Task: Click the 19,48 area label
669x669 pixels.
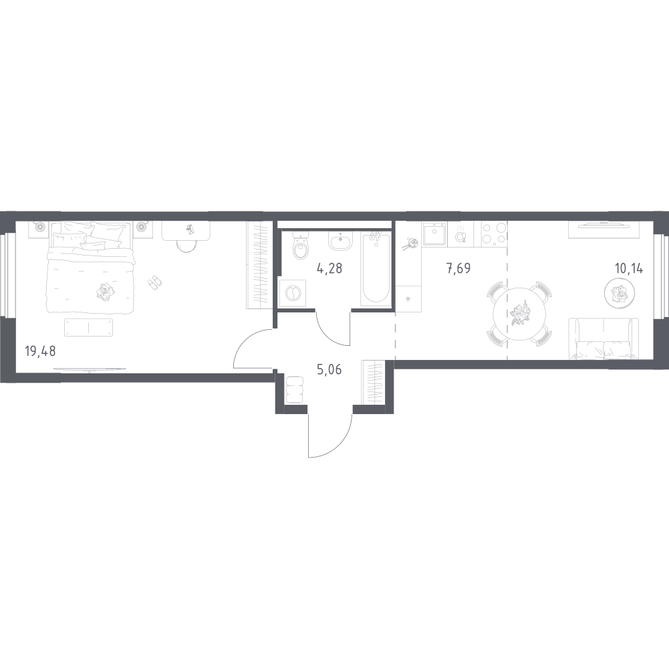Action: point(41,352)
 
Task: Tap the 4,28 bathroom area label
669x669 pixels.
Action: point(329,269)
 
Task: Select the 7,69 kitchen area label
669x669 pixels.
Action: point(458,269)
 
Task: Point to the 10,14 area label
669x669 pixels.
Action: point(628,269)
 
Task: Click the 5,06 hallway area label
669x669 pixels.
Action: point(329,369)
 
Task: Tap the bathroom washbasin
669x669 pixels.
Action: point(340,241)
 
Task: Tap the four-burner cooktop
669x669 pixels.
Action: point(494,234)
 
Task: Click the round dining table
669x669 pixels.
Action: point(519,314)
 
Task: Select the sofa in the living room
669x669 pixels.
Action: point(604,339)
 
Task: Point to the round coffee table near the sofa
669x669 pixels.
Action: point(620,292)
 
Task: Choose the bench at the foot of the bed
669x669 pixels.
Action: point(89,327)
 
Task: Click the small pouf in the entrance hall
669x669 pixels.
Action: point(294,389)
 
